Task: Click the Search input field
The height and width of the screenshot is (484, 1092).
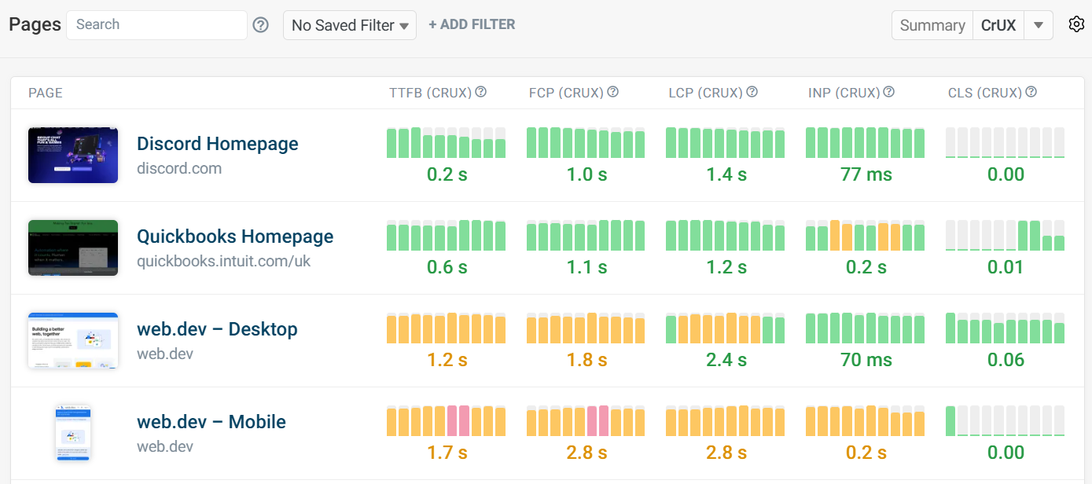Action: (x=156, y=25)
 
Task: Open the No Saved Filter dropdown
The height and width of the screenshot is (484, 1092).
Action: (x=349, y=25)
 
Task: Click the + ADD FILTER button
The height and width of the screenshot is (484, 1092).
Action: (x=472, y=24)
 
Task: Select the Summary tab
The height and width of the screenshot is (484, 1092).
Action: (x=932, y=25)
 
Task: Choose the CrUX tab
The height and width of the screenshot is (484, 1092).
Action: (x=998, y=25)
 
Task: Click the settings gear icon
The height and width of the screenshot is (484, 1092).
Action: (x=1076, y=24)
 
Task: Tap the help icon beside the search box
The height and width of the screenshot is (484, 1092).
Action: (x=261, y=25)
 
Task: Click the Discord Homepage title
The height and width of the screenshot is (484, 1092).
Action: (x=218, y=144)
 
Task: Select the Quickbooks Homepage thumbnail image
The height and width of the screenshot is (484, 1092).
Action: (x=73, y=247)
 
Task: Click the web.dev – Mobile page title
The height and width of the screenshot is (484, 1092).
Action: (x=211, y=422)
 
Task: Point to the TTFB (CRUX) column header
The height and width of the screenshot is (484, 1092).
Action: (x=430, y=93)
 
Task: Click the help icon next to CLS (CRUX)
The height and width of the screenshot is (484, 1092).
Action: (x=1031, y=92)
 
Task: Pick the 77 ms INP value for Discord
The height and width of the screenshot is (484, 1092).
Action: (x=866, y=174)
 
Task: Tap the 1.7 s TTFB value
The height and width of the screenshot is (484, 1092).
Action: (x=447, y=453)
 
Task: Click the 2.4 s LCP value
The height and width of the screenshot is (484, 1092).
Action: (x=726, y=360)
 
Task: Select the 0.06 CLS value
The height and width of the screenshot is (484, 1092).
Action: (x=1006, y=360)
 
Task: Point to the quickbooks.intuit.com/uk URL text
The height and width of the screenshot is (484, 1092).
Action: (x=224, y=261)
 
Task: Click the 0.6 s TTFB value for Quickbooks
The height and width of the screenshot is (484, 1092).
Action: (x=447, y=267)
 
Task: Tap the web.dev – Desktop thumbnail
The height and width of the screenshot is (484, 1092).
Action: (x=73, y=340)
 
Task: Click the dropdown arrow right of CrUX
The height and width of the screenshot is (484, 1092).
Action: (x=1039, y=25)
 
